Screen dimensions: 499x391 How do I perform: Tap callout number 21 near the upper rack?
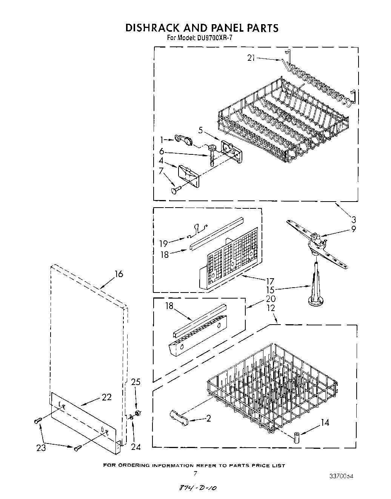point(251,58)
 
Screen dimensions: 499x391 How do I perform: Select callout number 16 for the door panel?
point(119,274)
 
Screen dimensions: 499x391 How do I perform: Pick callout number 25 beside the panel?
point(135,382)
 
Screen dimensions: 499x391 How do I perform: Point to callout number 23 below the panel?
point(41,448)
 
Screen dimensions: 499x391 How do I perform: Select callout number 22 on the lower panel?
point(107,397)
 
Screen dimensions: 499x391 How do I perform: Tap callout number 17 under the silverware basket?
point(270,281)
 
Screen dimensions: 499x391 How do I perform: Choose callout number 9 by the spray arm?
point(353,228)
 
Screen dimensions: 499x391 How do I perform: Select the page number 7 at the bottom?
point(195,473)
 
